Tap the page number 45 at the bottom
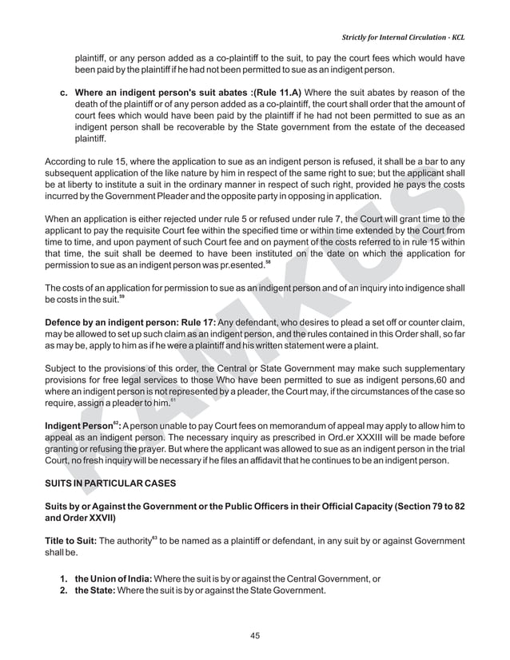pyautogui.click(x=256, y=635)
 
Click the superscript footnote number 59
pyautogui.click(x=122, y=297)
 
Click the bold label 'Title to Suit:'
pyautogui.click(x=72, y=540)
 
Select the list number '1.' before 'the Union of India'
pyautogui.click(x=66, y=578)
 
